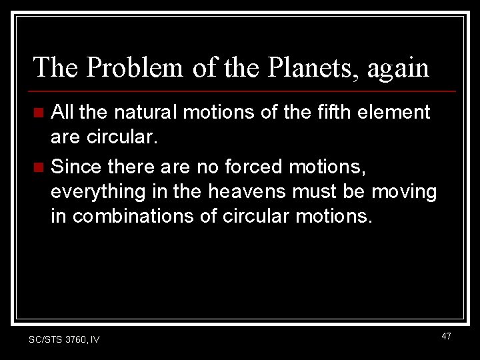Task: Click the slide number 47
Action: (446, 337)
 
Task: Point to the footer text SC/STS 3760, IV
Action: (64, 339)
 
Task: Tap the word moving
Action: (404, 192)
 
